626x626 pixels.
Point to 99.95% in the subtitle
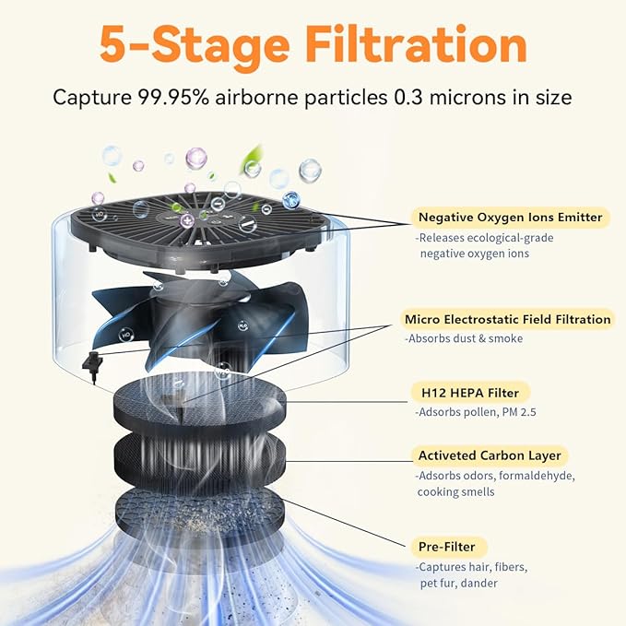(x=173, y=98)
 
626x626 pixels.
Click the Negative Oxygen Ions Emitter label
(x=510, y=218)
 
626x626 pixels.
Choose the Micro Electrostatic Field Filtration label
(x=507, y=319)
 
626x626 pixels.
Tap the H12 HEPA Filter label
(x=470, y=393)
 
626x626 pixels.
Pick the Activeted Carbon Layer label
(x=490, y=455)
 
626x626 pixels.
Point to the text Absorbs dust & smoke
(x=464, y=338)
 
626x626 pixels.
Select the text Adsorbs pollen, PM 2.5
(x=476, y=412)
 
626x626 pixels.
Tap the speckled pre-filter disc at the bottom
(x=200, y=511)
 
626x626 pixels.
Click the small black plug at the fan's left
(x=92, y=364)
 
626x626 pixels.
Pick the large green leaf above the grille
(x=252, y=159)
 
